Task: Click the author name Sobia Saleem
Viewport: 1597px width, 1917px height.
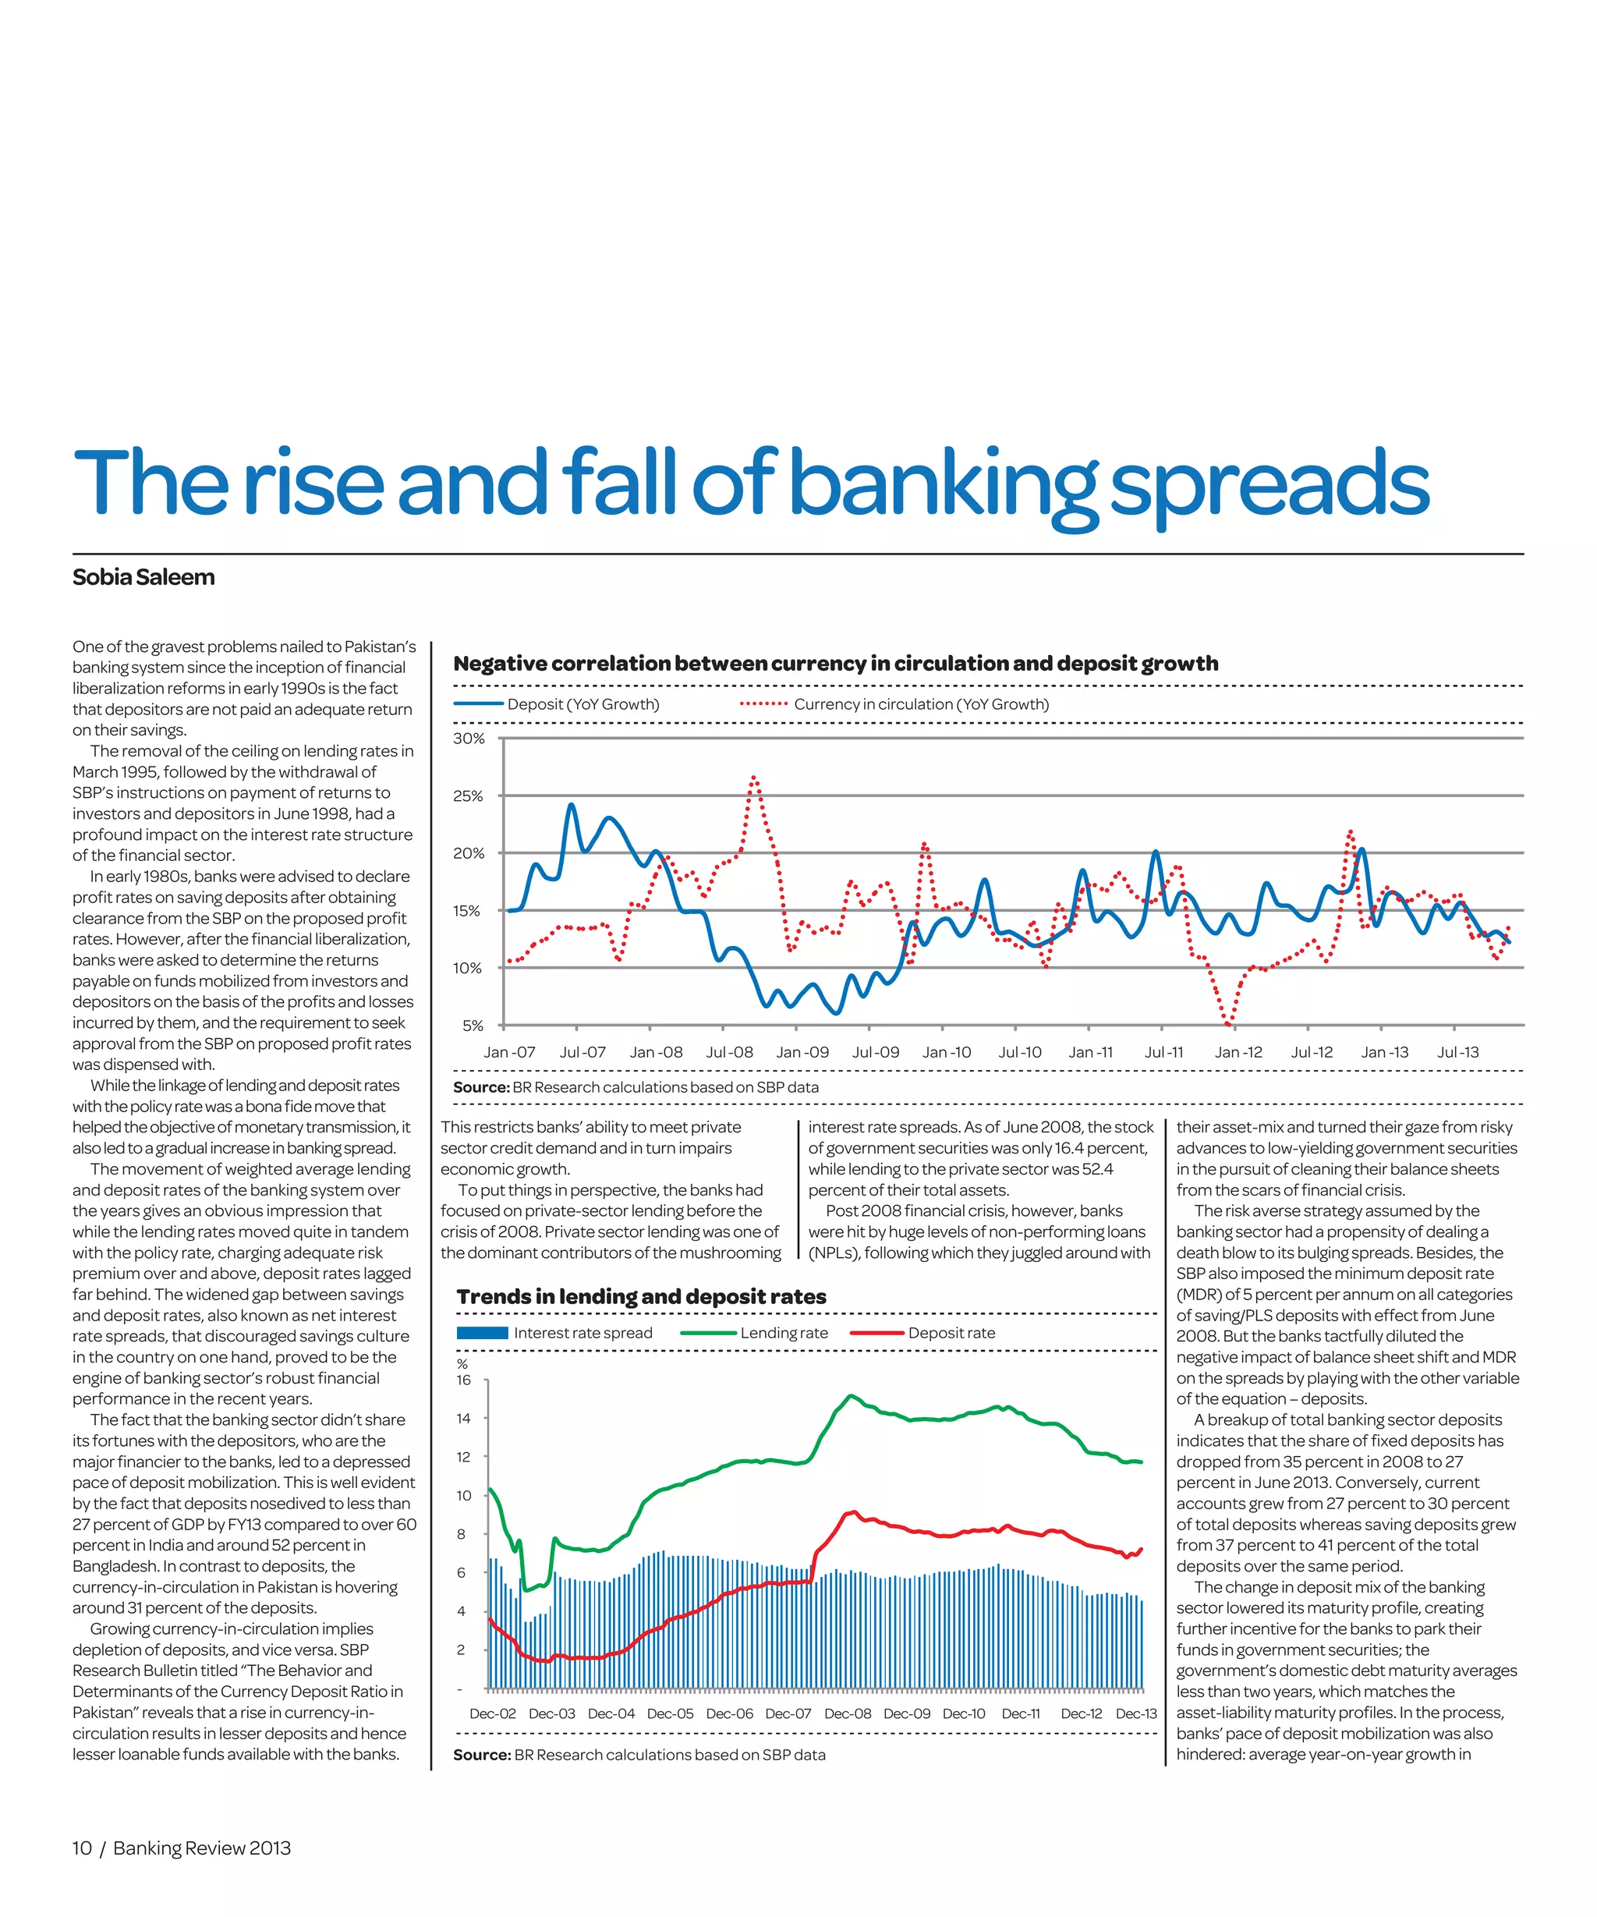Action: coord(143,577)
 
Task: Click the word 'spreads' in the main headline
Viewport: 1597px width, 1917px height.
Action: coord(1269,484)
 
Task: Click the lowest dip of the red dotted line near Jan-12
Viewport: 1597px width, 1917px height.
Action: coord(1228,1024)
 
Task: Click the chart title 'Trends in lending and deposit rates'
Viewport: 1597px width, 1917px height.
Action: coord(641,1296)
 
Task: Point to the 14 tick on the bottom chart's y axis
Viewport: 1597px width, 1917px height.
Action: coord(464,1418)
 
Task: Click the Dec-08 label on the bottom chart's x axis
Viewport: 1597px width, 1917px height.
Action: coord(847,1713)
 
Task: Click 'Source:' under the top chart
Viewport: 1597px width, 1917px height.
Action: coord(481,1087)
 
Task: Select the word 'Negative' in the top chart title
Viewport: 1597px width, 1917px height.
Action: coord(500,664)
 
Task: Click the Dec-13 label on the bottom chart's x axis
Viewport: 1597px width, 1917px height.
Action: coord(1135,1713)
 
